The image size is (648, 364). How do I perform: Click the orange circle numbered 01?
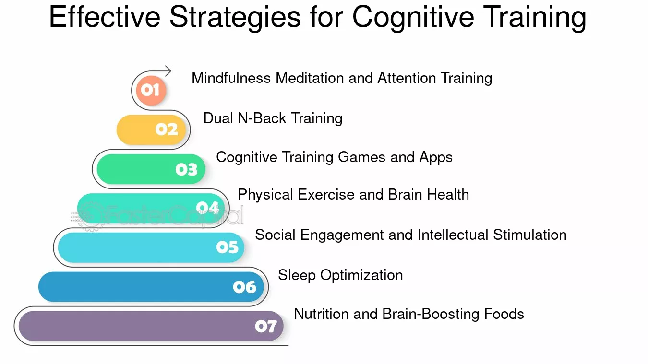coord(151,90)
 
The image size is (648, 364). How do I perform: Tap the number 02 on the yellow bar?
coord(167,129)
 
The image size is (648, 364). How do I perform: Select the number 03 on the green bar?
coord(186,169)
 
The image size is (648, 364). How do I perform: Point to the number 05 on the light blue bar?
coord(228,247)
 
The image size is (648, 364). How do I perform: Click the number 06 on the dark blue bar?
coord(244,287)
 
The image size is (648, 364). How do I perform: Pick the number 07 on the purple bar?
coord(266,327)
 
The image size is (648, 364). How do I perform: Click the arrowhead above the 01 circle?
coord(168,71)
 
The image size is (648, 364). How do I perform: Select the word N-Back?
coord(262,118)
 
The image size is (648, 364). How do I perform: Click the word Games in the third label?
coord(361,157)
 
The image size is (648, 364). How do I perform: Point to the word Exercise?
coord(326,194)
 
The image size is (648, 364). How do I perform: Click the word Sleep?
coord(297,275)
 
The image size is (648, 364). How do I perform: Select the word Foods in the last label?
coord(504,314)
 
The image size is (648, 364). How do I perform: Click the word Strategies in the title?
coord(235,18)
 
